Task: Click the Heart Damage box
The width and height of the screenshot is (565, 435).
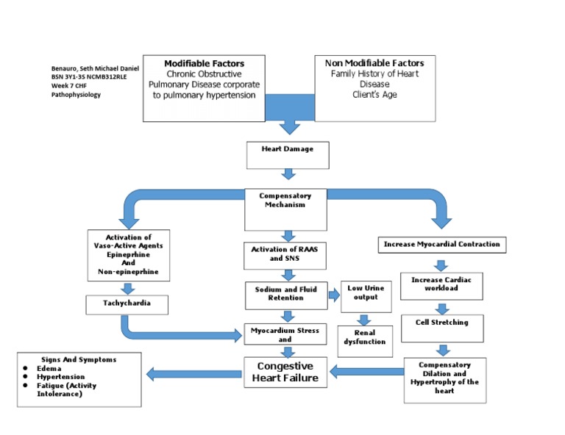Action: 287,154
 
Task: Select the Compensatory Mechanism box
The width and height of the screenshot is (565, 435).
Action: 285,205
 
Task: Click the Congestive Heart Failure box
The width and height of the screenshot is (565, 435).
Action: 284,372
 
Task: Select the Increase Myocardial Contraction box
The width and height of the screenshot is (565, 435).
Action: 441,244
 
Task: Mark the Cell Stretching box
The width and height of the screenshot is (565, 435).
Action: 440,323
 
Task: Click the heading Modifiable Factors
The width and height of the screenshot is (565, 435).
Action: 204,63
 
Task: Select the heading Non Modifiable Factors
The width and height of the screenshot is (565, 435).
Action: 374,63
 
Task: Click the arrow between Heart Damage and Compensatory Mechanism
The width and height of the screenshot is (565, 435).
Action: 288,173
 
